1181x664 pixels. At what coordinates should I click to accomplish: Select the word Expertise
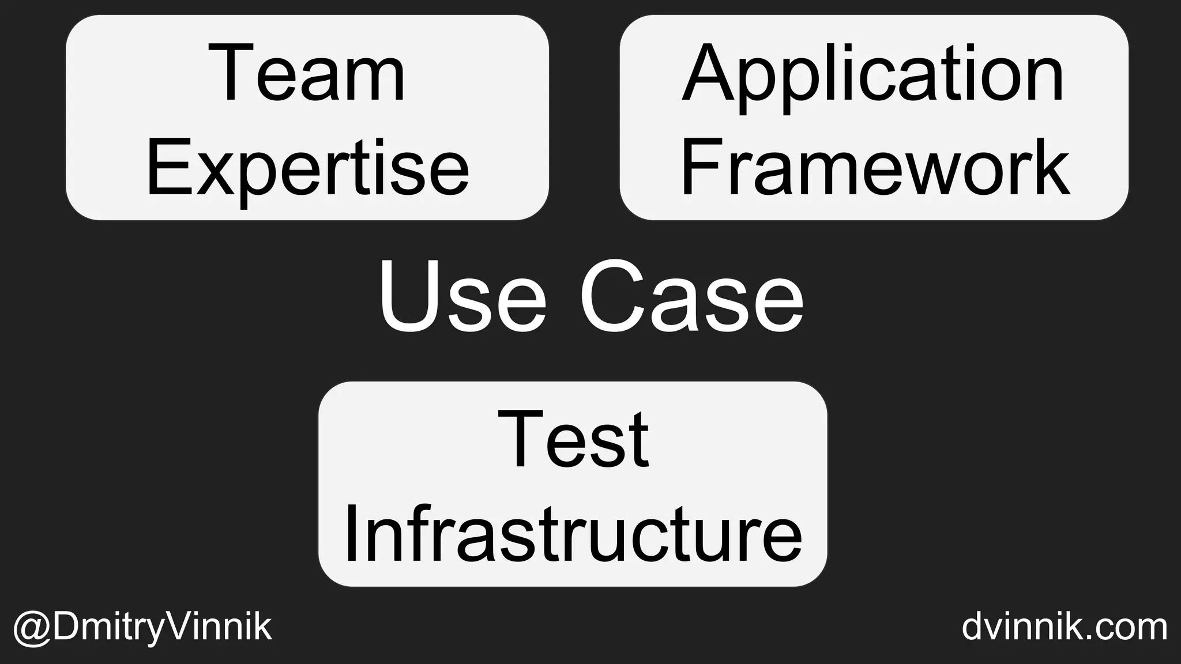tap(307, 167)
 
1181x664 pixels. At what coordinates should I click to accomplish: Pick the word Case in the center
tap(691, 296)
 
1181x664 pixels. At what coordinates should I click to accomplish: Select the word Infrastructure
tap(573, 533)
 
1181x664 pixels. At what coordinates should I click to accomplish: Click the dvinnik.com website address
tap(1065, 627)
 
